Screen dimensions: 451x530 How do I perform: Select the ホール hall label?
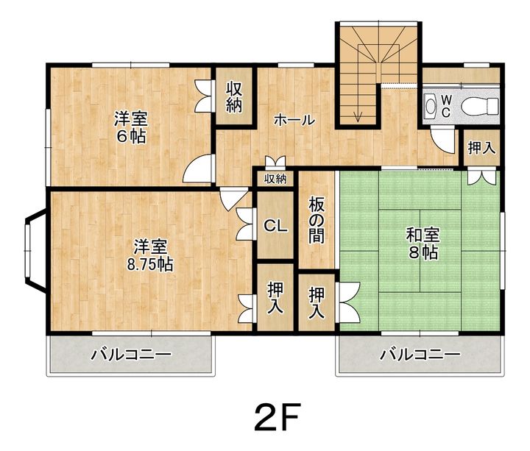pyautogui.click(x=294, y=120)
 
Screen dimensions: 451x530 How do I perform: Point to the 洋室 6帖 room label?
pyautogui.click(x=130, y=127)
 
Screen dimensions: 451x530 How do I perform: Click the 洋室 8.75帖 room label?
pyautogui.click(x=149, y=255)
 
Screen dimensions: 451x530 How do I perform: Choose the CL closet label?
pyautogui.click(x=275, y=227)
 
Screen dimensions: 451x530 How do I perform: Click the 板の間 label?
pyautogui.click(x=317, y=221)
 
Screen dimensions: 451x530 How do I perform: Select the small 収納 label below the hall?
pyautogui.click(x=275, y=179)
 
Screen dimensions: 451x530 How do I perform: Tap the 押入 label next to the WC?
pyautogui.click(x=481, y=148)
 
